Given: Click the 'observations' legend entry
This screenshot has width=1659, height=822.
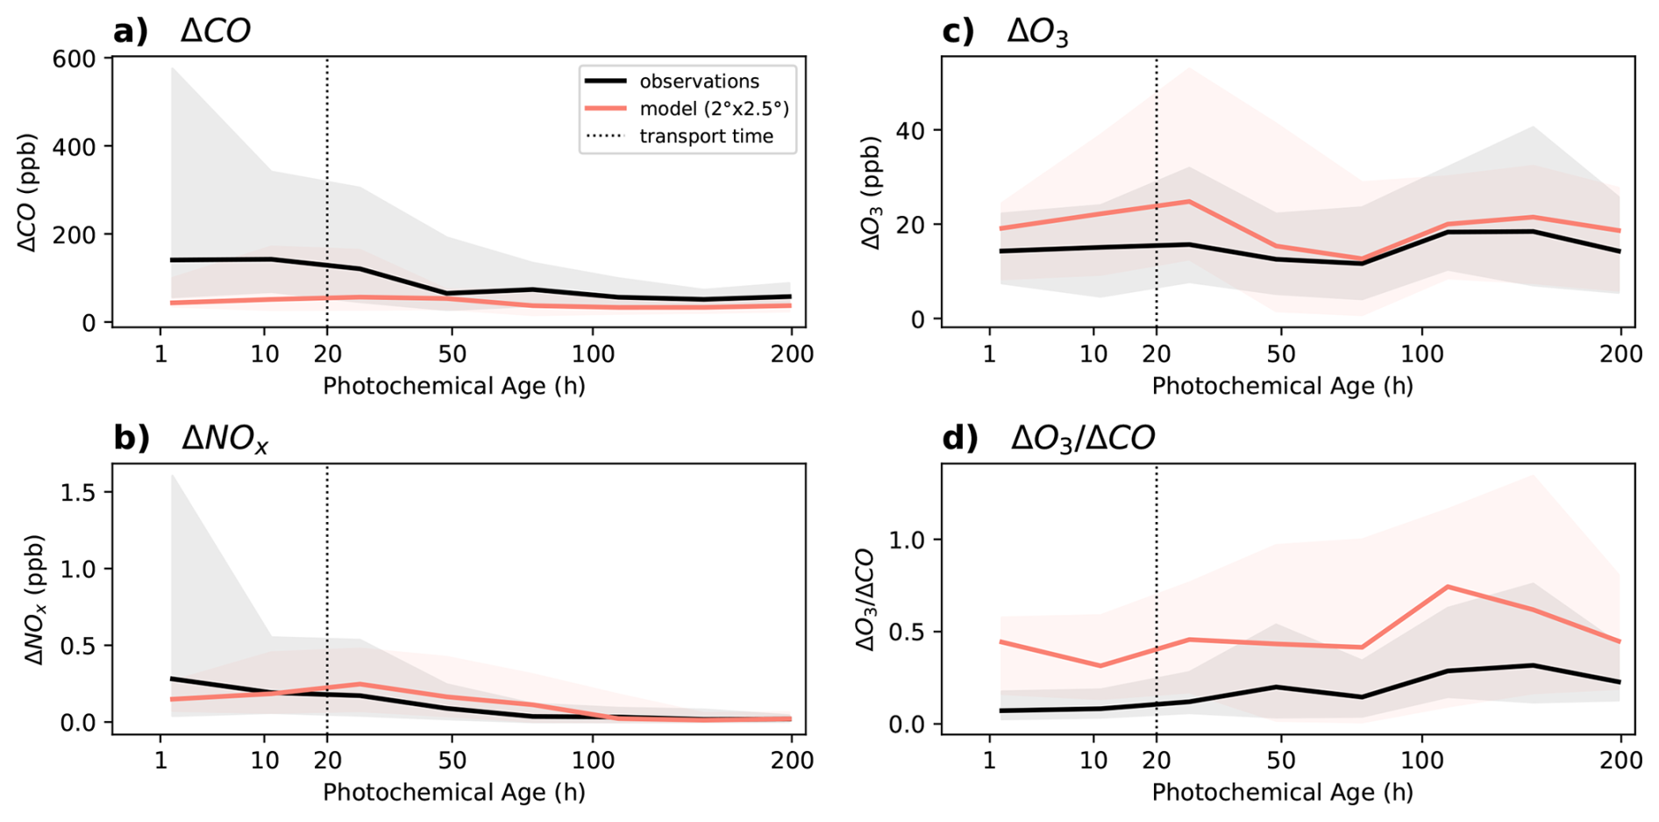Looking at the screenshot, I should (699, 82).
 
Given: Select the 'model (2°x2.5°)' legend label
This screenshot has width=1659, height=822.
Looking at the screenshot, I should (714, 109).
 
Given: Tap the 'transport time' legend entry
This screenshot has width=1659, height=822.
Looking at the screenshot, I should (706, 136).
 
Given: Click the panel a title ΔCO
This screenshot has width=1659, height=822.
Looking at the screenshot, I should (216, 32).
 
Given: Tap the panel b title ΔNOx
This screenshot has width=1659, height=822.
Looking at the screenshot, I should (224, 438).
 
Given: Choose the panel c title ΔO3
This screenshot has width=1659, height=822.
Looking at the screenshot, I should (1037, 32).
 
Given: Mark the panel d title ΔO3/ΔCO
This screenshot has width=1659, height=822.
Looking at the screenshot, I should (1083, 438).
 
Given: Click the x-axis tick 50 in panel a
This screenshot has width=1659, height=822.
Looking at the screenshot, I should (452, 354).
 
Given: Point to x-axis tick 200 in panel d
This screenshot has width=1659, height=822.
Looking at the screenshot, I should (1620, 760).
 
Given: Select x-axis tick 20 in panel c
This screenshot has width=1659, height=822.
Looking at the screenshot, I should (1157, 354).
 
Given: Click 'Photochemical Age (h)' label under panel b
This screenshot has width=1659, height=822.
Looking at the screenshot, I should (453, 792).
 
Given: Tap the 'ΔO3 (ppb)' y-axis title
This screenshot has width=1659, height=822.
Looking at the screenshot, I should (872, 193).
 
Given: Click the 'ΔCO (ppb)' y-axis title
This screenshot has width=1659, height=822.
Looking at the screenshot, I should (28, 193).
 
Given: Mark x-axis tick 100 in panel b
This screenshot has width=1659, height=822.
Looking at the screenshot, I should (592, 760).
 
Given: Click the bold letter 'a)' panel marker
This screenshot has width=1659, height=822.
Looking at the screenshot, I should (131, 32).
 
